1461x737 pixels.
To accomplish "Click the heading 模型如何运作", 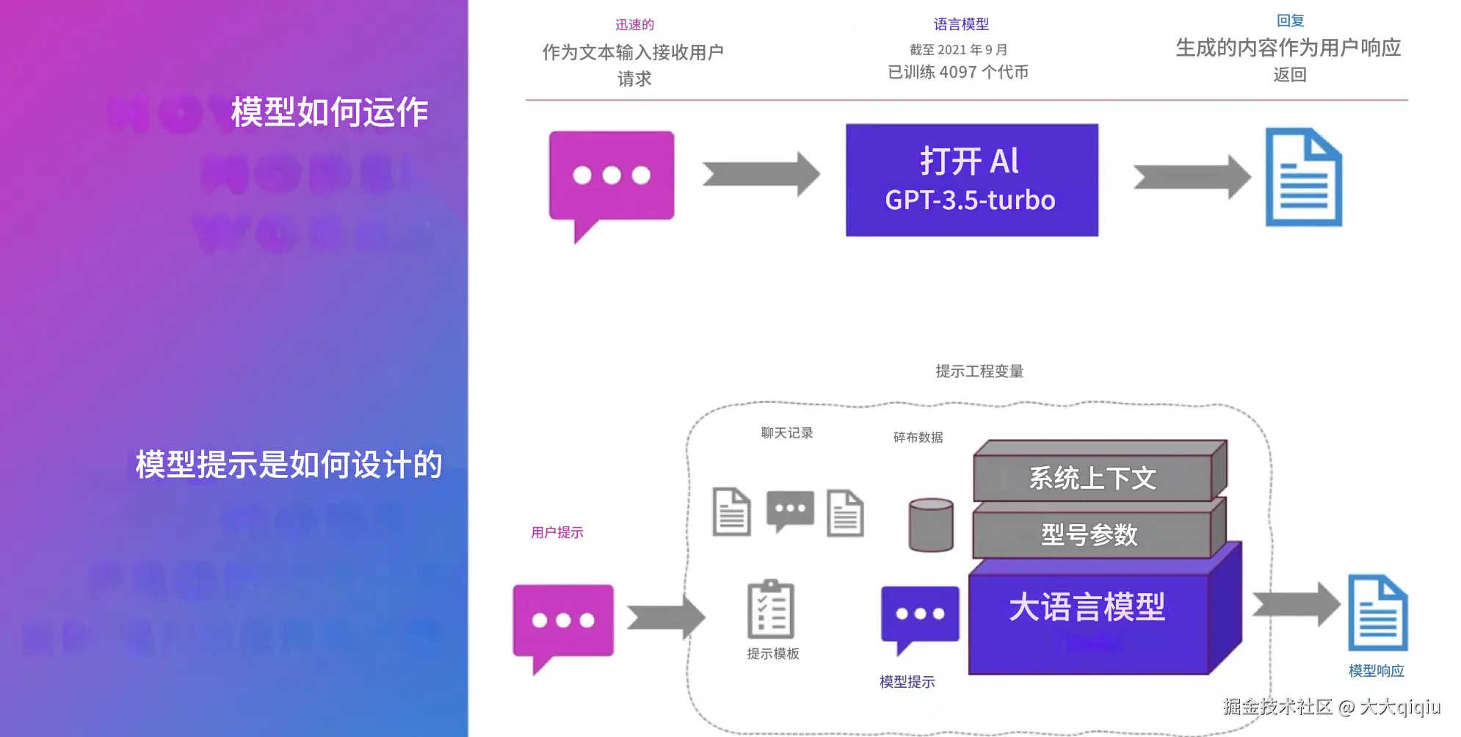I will pyautogui.click(x=330, y=112).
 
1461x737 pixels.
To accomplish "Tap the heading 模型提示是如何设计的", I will pyautogui.click(x=289, y=465).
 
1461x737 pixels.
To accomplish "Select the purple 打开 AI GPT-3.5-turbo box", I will pyautogui.click(x=971, y=180).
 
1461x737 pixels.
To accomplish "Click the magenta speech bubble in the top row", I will pyautogui.click(x=612, y=177).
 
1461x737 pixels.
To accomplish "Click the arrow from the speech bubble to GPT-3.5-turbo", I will pyautogui.click(x=761, y=175).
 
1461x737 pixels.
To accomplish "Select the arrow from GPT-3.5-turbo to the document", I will pyautogui.click(x=1191, y=177).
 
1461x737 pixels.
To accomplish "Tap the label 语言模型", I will pyautogui.click(x=960, y=24).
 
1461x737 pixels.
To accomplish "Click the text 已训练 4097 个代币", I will pyautogui.click(x=958, y=72).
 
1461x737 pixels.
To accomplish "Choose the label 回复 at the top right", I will pyautogui.click(x=1290, y=21).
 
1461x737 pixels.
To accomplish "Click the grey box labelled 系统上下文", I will pyautogui.click(x=1093, y=478).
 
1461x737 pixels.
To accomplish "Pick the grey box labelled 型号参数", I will pyautogui.click(x=1090, y=534).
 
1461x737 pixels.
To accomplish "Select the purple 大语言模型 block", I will pyautogui.click(x=1088, y=617).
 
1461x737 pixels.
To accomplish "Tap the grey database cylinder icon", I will pyautogui.click(x=931, y=525).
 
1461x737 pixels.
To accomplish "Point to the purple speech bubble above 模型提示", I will pyautogui.click(x=920, y=614).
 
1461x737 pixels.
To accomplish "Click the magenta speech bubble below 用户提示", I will pyautogui.click(x=563, y=621).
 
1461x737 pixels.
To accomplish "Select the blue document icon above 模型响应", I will pyautogui.click(x=1377, y=614).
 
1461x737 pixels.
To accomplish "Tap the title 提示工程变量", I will pyautogui.click(x=979, y=371).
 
